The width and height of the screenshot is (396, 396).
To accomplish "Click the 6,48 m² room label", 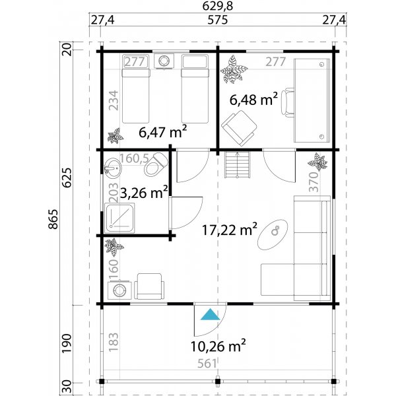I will point(253,100).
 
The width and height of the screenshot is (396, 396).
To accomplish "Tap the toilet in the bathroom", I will point(156,164).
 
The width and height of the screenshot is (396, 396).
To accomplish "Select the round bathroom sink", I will point(112,167).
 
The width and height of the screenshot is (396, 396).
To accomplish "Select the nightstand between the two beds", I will point(163,61).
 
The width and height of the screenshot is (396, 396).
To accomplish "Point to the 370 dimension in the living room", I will point(314,181).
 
